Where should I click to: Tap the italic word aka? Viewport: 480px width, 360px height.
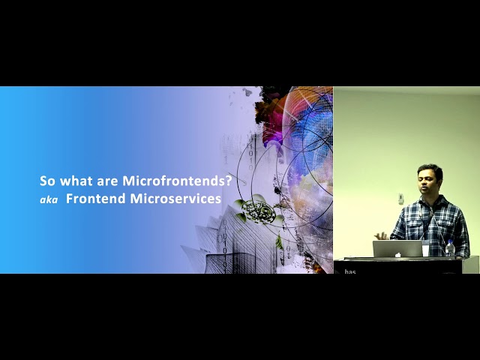pos(49,200)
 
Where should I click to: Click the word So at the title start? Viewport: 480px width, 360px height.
pos(46,181)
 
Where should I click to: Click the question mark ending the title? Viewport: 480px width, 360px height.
pos(228,181)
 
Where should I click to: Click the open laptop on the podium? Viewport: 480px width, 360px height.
pos(397,249)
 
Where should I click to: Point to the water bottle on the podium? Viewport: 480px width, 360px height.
pos(449,248)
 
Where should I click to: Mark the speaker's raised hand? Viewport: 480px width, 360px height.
pos(382,234)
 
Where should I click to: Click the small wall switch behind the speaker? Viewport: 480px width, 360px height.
pos(400,198)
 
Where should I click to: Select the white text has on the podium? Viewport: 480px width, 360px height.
pos(350,271)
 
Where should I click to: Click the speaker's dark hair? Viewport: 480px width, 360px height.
pos(430,171)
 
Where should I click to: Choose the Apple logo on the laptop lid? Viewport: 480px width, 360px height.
pos(397,249)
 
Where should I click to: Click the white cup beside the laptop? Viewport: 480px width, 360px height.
pos(426,249)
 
